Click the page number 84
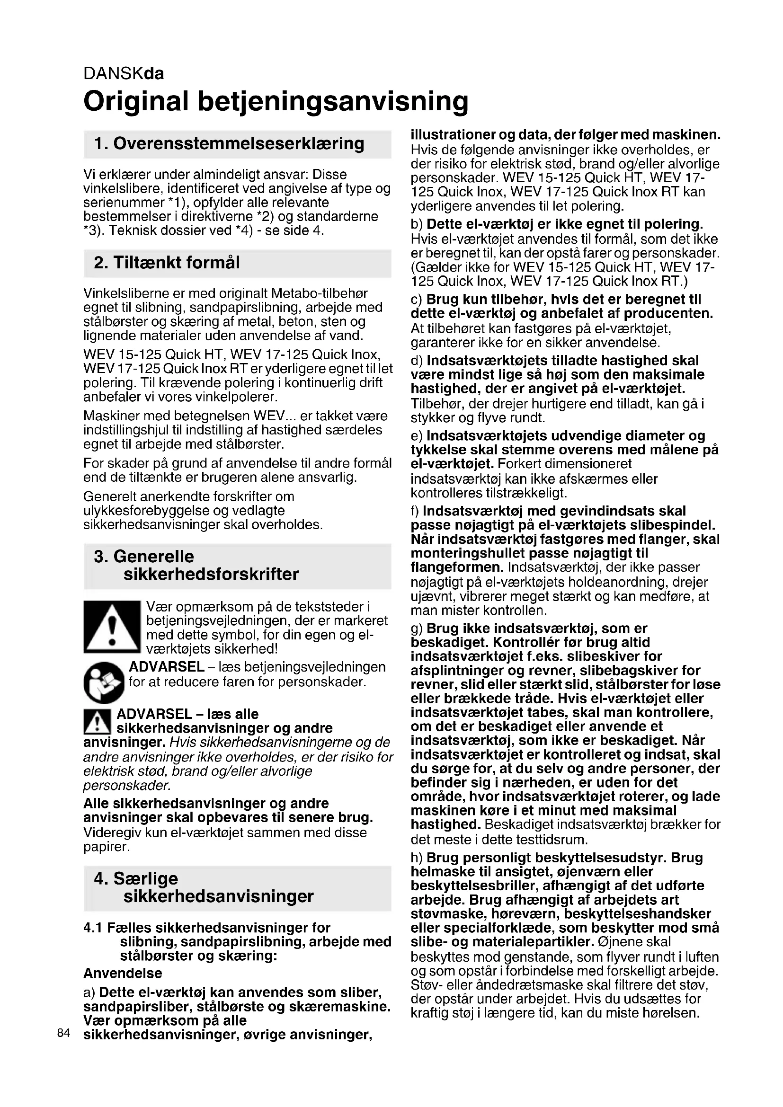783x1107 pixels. point(63,1033)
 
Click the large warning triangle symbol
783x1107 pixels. point(112,627)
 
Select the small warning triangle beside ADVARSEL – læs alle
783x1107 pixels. point(98,723)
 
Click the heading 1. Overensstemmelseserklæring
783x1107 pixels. point(229,144)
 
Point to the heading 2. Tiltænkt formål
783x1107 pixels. point(167,263)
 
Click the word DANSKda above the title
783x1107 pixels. point(124,73)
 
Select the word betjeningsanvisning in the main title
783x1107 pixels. point(333,101)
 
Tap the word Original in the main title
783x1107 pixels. point(135,101)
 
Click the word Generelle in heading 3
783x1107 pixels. point(153,557)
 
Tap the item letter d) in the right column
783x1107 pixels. point(417,361)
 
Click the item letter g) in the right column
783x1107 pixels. point(417,629)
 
